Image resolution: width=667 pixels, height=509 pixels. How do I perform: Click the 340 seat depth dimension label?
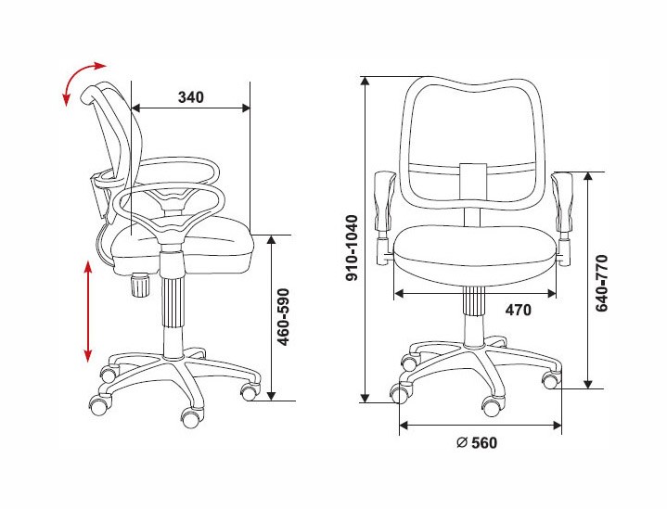190,97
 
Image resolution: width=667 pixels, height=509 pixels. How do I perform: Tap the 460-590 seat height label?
283,317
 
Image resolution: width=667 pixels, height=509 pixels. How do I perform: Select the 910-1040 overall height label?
353,248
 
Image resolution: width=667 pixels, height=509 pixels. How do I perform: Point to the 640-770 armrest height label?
601,284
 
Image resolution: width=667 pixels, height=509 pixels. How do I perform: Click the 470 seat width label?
519,310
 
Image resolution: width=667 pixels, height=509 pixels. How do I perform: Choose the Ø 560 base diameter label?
477,442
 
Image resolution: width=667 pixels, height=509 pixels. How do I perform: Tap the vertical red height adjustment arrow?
88,312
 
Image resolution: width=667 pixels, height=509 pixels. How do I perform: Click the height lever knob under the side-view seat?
139,285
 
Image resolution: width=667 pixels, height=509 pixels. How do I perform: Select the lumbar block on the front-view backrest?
473,182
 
